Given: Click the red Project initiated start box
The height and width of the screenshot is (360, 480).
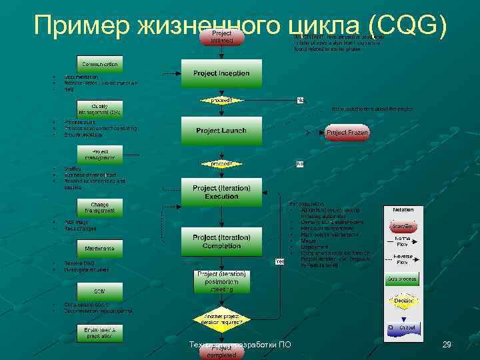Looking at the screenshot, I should (222, 37).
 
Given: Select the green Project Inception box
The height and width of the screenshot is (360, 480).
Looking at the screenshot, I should (221, 73).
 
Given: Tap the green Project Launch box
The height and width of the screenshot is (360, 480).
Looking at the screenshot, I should (221, 131).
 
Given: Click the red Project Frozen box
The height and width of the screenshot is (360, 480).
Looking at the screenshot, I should (347, 133).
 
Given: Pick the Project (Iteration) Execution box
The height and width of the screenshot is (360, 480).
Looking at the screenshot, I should (221, 193).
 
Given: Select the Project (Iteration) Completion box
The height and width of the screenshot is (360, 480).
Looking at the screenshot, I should (221, 242).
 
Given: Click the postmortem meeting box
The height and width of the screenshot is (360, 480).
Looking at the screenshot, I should (221, 282).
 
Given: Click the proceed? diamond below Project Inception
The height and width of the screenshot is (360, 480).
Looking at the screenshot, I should (221, 101).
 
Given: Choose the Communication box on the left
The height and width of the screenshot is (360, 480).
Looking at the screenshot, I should (100, 64).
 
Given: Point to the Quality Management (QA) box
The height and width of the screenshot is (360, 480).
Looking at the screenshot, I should (100, 109).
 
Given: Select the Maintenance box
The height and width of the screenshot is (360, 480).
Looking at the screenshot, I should (100, 249).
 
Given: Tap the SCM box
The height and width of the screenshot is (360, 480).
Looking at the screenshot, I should (100, 292).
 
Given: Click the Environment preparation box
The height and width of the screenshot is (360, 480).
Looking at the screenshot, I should (100, 331).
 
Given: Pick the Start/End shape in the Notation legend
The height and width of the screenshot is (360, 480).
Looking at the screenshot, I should (403, 226).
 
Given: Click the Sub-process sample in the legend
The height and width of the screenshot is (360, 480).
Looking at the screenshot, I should (403, 278).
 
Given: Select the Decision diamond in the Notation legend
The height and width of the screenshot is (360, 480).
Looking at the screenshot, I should (403, 301).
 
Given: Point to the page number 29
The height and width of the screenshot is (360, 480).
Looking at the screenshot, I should (447, 345).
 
